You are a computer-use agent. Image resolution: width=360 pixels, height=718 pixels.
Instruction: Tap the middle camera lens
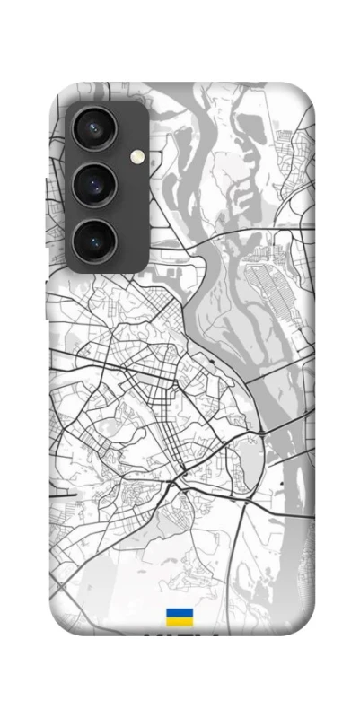(93, 186)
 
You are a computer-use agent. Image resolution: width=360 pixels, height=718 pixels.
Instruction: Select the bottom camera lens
(93, 240)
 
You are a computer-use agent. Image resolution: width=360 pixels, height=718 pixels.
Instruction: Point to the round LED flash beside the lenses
(136, 158)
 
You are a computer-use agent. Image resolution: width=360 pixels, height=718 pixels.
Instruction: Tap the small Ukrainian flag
(179, 617)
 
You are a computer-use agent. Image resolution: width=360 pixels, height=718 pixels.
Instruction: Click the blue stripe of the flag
(179, 612)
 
